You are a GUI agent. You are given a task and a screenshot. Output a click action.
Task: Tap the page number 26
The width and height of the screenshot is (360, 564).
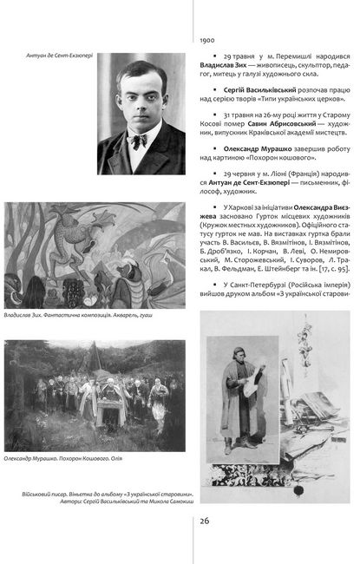(x=205, y=520)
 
